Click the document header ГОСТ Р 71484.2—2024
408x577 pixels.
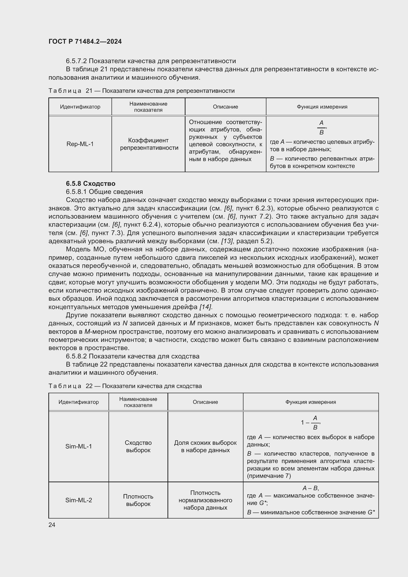click(x=85, y=41)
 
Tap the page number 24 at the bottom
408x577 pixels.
click(x=52, y=525)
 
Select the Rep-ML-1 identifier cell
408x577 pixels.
click(x=80, y=144)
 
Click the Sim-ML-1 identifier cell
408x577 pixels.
click(x=79, y=446)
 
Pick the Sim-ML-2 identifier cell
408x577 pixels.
click(x=79, y=500)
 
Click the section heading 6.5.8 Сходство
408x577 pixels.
click(x=91, y=184)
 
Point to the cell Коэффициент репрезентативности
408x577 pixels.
click(x=149, y=144)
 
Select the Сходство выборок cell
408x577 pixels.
click(x=138, y=446)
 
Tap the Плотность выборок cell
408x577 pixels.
click(x=138, y=500)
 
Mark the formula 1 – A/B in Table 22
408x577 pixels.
click(x=311, y=422)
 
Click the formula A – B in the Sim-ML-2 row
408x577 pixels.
click(x=311, y=488)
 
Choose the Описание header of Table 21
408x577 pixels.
click(x=225, y=107)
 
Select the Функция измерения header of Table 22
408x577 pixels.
click(x=311, y=402)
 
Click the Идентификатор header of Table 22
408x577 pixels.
click(x=79, y=402)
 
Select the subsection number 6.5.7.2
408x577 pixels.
click(x=76, y=61)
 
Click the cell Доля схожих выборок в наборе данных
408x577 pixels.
click(x=205, y=446)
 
